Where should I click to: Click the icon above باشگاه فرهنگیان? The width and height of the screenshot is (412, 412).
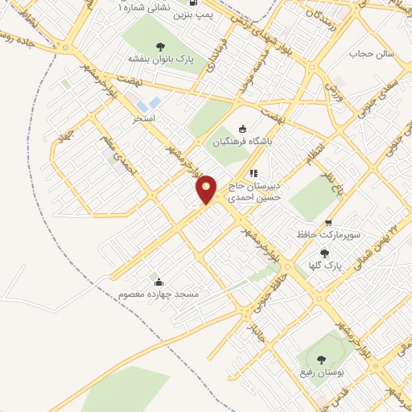tap(244, 130)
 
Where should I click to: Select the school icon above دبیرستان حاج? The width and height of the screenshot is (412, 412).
tap(253, 172)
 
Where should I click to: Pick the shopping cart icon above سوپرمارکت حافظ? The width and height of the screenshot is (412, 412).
tap(328, 223)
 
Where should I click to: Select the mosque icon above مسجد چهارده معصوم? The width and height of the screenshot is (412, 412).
tap(159, 282)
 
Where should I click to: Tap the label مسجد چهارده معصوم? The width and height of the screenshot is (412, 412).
tap(158, 295)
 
